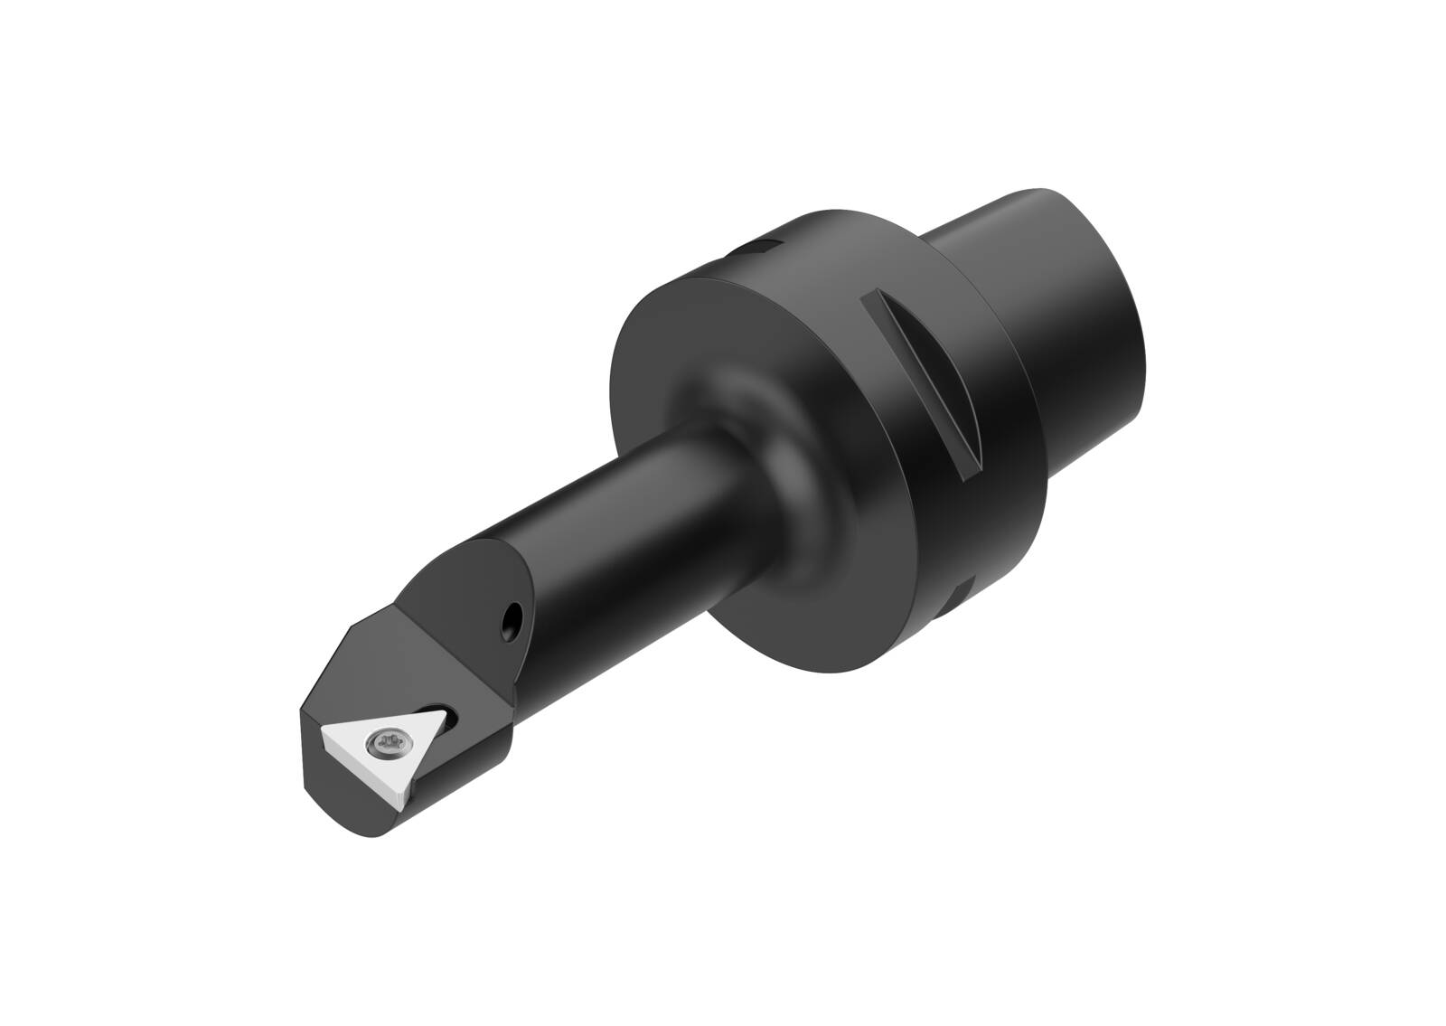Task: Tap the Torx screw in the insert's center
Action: click(x=380, y=743)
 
